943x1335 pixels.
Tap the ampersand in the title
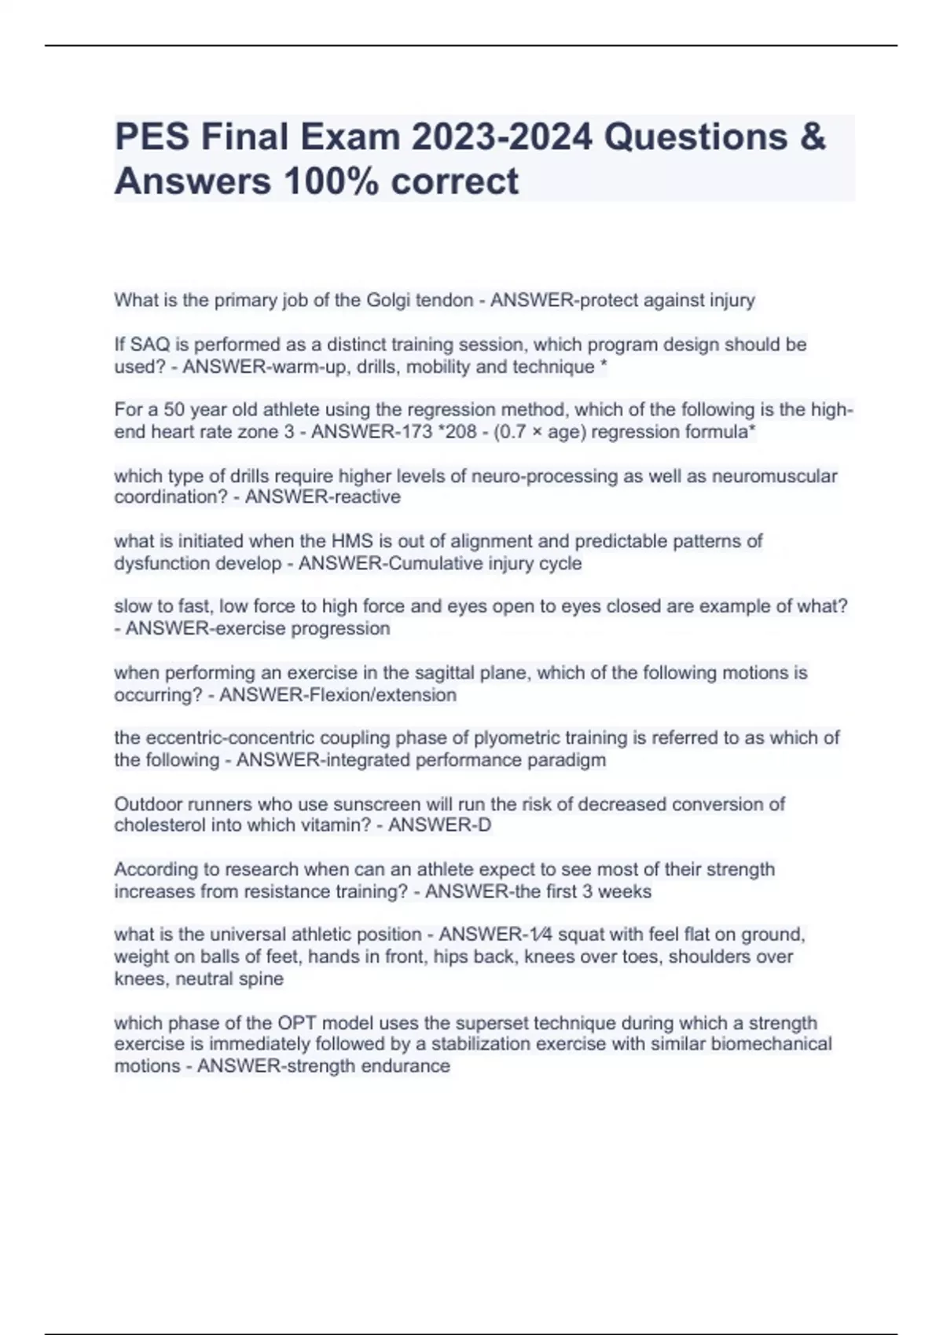pyautogui.click(x=814, y=137)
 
